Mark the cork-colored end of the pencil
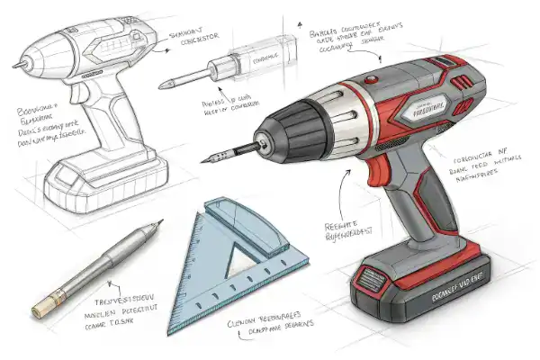click(x=40, y=310)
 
